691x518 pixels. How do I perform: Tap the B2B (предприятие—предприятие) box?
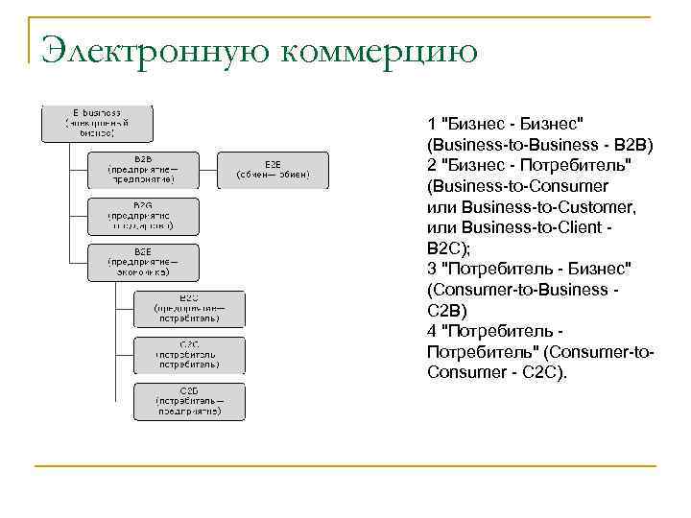(x=143, y=170)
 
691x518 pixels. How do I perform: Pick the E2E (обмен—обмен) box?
(x=273, y=170)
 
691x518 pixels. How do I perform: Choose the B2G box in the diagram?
(x=143, y=216)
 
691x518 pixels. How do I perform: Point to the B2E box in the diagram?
(x=143, y=262)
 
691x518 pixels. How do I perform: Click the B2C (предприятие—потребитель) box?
(x=189, y=308)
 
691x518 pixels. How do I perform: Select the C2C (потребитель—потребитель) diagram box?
(x=189, y=354)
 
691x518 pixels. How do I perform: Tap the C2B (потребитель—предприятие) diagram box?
(x=189, y=401)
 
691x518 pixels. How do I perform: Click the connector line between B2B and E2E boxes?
(x=208, y=170)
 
